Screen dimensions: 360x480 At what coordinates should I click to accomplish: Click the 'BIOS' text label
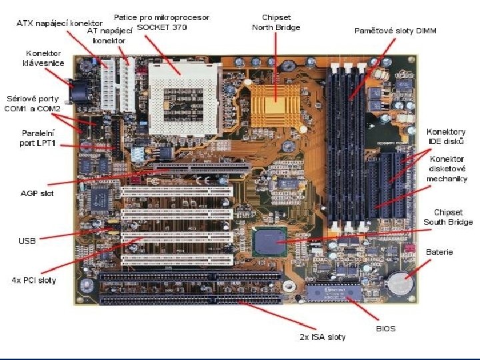point(386,329)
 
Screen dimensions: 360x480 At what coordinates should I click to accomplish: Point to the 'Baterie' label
point(439,252)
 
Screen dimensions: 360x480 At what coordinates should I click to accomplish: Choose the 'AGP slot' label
point(38,193)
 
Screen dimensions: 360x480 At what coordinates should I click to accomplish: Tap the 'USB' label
point(27,241)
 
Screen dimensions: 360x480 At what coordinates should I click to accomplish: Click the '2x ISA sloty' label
point(322,337)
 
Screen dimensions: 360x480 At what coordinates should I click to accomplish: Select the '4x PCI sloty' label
point(34,280)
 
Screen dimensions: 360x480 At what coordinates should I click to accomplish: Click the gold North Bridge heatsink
point(273,101)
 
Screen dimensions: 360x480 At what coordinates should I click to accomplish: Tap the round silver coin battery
point(401,283)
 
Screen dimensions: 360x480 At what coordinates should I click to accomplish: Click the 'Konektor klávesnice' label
point(43,58)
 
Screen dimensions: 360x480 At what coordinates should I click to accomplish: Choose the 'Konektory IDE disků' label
point(445,137)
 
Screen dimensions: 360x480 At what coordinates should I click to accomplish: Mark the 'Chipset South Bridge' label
point(448,217)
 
